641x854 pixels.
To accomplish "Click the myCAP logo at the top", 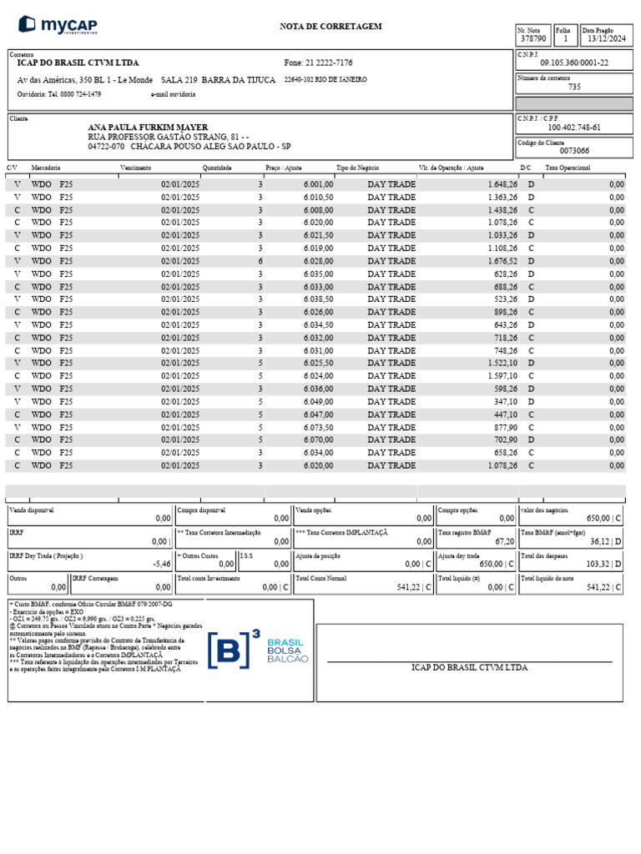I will [58, 25].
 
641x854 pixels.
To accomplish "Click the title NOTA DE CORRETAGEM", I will [331, 27].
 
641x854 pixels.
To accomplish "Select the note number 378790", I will [532, 38].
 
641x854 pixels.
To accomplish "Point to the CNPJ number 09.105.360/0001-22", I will [574, 63].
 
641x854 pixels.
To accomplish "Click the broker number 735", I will [574, 87].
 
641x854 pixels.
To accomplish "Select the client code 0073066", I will [574, 151].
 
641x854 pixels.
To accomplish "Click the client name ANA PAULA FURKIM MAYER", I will [148, 127].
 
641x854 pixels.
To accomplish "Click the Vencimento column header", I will [135, 168].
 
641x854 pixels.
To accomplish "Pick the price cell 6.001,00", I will [318, 184].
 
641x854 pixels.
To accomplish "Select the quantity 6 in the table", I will [260, 261].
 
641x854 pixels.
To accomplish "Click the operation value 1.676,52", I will [501, 261].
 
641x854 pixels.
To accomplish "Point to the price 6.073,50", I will [318, 427].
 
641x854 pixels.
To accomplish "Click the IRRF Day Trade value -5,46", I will [162, 564].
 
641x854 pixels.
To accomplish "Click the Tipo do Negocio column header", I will [357, 168].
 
